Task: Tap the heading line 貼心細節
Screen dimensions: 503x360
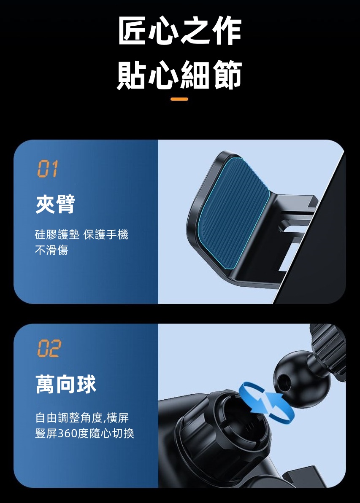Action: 180,75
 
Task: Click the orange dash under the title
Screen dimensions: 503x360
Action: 180,99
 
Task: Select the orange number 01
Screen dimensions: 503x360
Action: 47,169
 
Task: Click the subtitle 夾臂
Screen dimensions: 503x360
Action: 55,204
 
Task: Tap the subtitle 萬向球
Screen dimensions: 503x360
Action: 66,385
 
